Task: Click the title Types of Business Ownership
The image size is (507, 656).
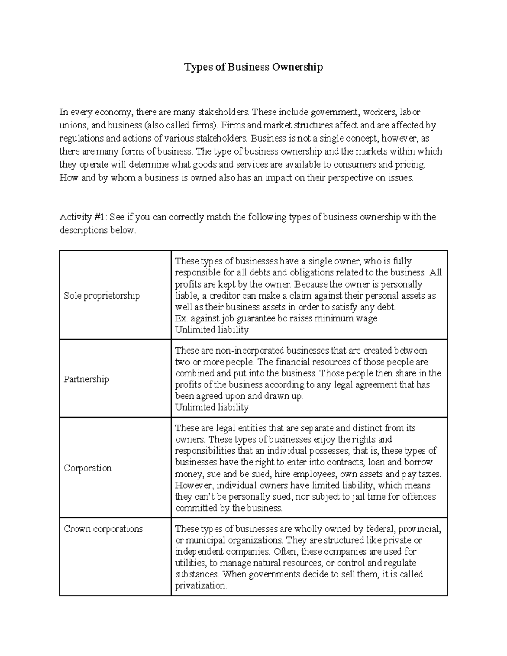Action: [x=253, y=67]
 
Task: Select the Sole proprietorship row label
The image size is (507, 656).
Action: [x=101, y=296]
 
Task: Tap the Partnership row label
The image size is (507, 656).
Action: [x=86, y=379]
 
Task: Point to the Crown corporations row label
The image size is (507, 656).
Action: [x=103, y=529]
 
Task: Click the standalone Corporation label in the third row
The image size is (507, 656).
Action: [x=87, y=468]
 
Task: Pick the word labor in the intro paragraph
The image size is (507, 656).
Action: [x=410, y=112]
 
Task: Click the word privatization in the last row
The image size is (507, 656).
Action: [x=201, y=586]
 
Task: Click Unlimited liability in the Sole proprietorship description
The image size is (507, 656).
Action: [x=212, y=330]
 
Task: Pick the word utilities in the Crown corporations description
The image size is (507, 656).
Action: [x=190, y=563]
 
